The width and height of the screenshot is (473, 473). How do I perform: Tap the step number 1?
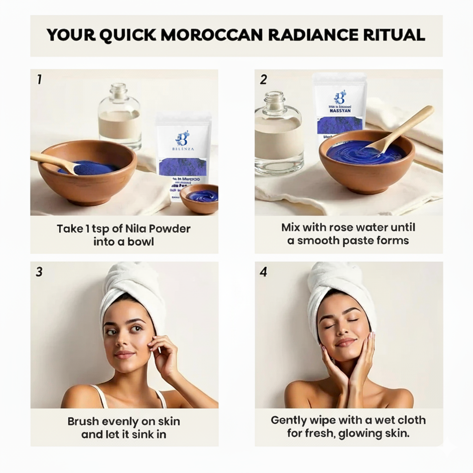(39, 79)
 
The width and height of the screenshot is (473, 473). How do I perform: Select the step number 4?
(263, 272)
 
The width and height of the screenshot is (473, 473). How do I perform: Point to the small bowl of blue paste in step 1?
(200, 197)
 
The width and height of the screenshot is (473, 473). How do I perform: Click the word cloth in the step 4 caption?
(407, 420)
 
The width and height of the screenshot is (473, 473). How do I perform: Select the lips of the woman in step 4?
(346, 342)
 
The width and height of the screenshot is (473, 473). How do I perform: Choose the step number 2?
(263, 79)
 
